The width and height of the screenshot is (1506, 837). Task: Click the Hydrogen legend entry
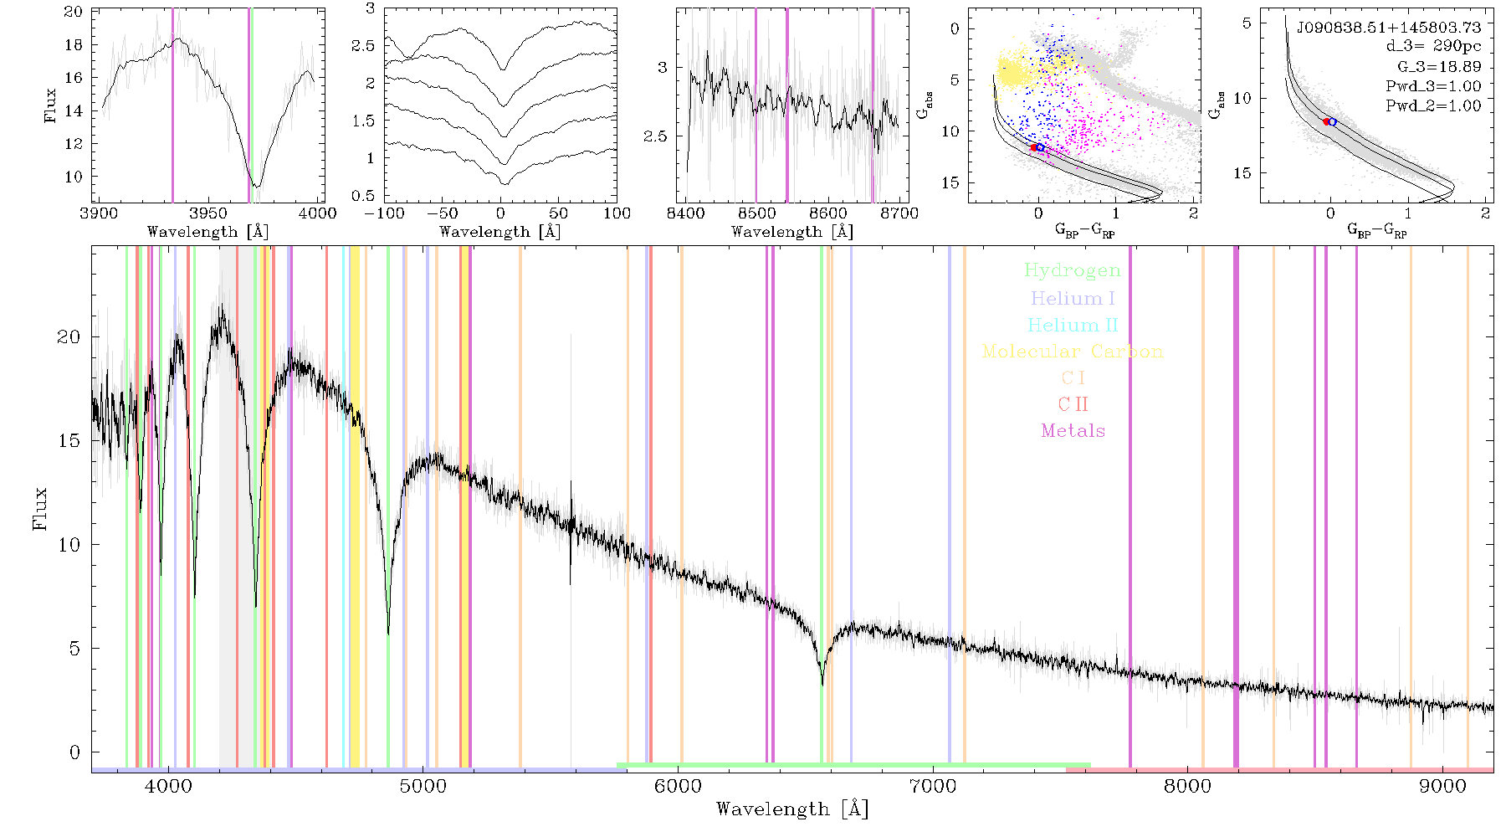(x=1072, y=271)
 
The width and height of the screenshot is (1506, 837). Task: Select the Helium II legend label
(x=1073, y=325)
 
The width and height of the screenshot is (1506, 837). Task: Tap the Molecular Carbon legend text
(x=1073, y=352)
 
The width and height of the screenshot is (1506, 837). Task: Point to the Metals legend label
(x=1073, y=431)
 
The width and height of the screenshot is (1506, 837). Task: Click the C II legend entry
(x=1073, y=404)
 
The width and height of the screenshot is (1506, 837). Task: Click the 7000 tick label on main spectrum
(x=932, y=786)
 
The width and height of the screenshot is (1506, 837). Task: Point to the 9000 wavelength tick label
(x=1442, y=786)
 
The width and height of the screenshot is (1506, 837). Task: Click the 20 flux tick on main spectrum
(x=69, y=336)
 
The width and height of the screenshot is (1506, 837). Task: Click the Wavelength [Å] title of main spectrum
(x=792, y=809)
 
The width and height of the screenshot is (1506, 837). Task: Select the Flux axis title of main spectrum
(x=39, y=508)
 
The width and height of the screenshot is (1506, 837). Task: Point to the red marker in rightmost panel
(x=1327, y=121)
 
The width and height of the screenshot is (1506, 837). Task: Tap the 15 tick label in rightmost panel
(x=1242, y=172)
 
